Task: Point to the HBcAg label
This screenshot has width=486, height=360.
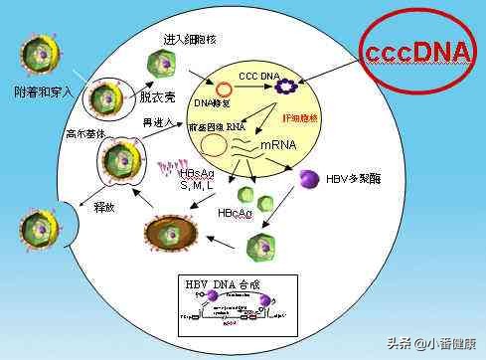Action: pos(236,213)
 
